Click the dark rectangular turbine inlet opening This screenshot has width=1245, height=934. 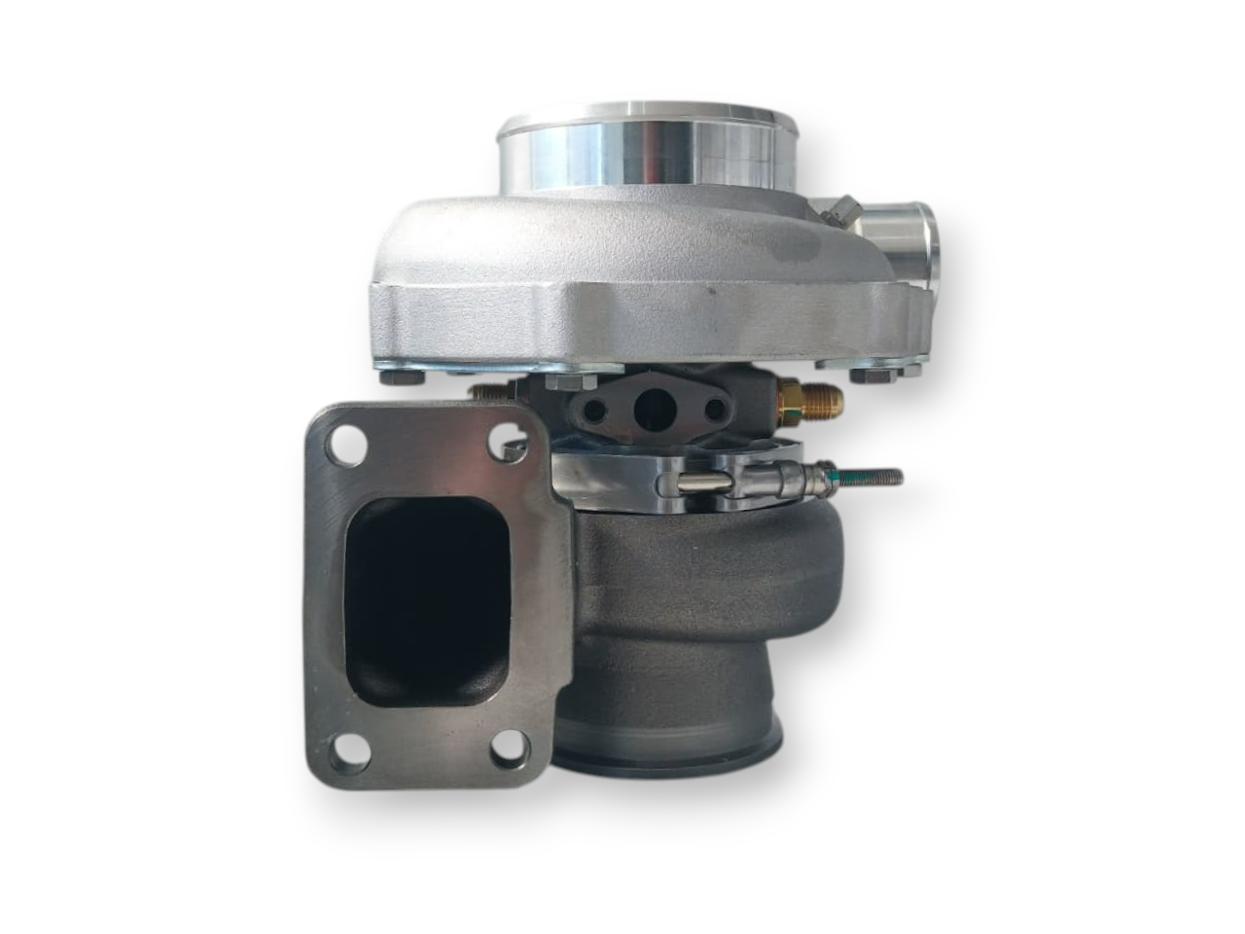point(428,598)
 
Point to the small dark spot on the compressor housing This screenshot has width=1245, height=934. point(712,290)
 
